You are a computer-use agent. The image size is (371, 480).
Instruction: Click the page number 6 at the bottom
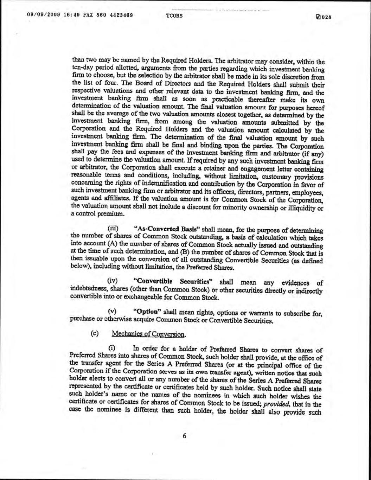pyautogui.click(x=184, y=436)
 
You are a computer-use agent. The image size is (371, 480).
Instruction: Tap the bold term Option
pyautogui.click(x=147, y=312)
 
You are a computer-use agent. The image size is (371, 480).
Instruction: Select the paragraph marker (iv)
pyautogui.click(x=113, y=281)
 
